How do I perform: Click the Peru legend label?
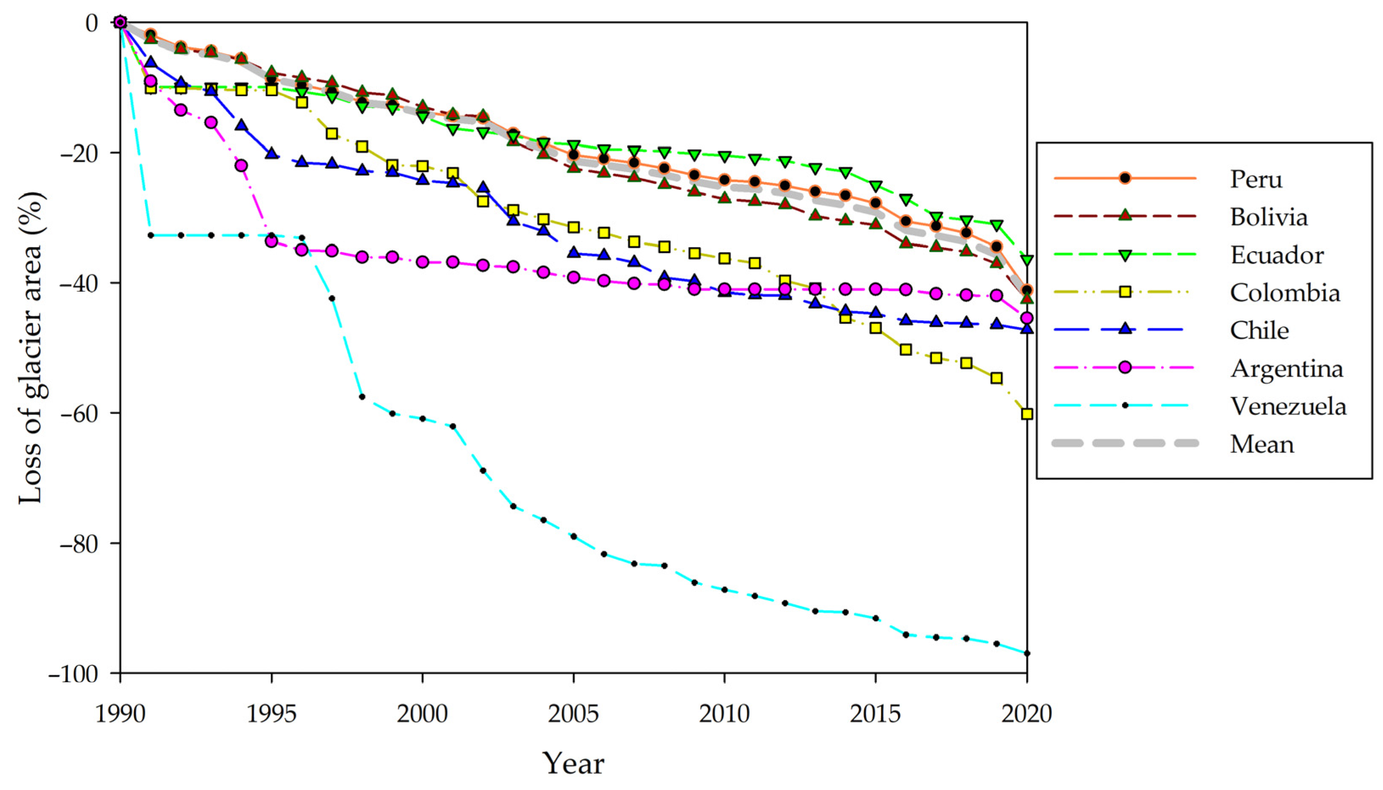1256,179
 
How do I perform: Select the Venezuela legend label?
1288,406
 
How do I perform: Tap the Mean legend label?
1262,444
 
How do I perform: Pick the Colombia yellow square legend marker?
1125,292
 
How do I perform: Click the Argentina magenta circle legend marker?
1125,367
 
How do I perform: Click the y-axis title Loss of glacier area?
31,347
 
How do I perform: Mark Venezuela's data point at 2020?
1027,653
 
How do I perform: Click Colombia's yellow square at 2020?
1027,414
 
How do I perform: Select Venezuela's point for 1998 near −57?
362,397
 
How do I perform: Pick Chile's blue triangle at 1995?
272,153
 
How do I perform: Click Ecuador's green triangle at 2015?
875,186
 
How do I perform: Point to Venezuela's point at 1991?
151,235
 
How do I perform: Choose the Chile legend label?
1259,330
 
